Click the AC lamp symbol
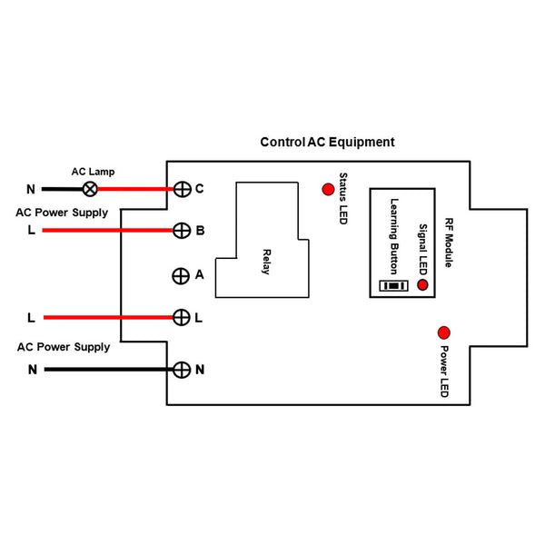point(91,189)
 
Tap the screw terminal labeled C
point(182,189)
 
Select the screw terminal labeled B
point(182,231)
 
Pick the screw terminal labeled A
point(182,275)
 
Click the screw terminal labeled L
point(182,318)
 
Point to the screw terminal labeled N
point(182,370)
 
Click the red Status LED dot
point(327,189)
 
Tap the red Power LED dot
point(445,332)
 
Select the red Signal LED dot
point(422,285)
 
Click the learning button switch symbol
point(393,286)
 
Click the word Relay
point(267,260)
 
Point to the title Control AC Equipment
point(327,143)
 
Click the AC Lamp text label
point(93,171)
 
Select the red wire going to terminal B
point(109,231)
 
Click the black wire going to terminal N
point(109,370)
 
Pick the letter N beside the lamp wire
point(31,190)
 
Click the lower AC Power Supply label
point(63,347)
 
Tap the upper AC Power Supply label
point(63,213)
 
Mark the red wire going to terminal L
point(109,318)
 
